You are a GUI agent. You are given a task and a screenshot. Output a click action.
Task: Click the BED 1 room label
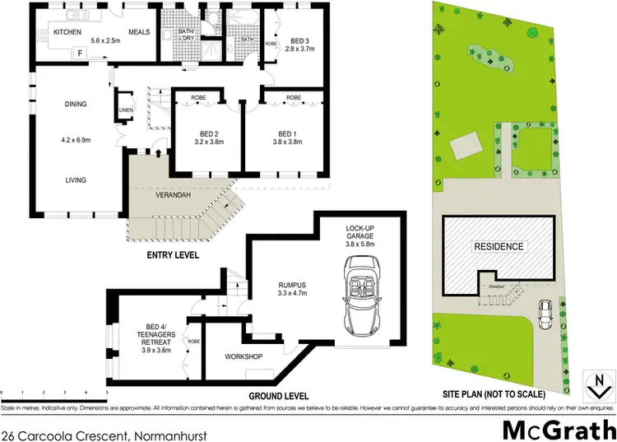tap(286, 133)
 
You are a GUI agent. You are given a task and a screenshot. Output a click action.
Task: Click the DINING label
tap(76, 105)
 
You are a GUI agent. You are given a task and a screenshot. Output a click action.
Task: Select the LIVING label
tap(76, 179)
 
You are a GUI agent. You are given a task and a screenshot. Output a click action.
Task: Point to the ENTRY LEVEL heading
tap(173, 256)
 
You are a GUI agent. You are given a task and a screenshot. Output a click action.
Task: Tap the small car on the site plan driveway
tap(544, 314)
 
